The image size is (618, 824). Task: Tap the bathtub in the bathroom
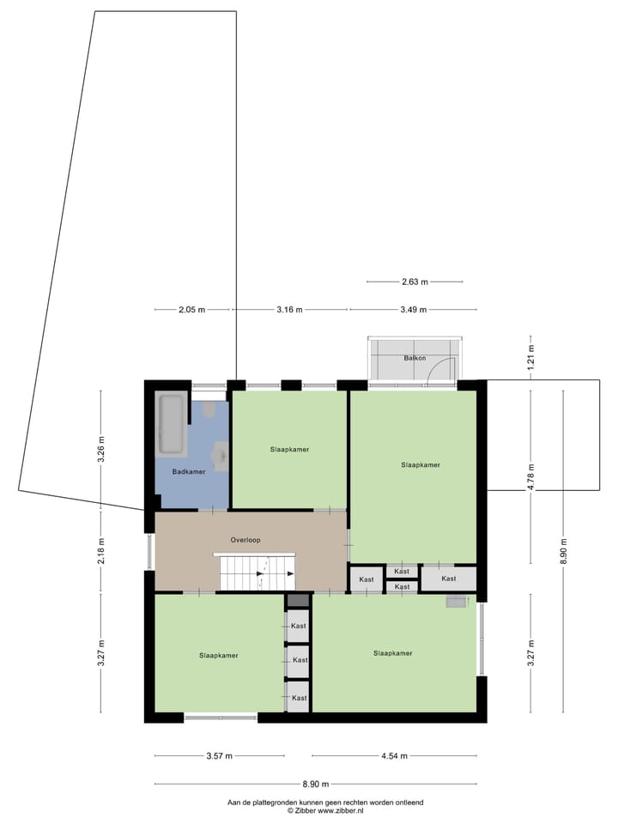pyautogui.click(x=170, y=425)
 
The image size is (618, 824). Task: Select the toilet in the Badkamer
pyautogui.click(x=209, y=410)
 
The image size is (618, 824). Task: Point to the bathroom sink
pyautogui.click(x=220, y=456)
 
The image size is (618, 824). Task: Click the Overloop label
pyautogui.click(x=245, y=540)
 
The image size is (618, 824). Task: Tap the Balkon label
pyautogui.click(x=415, y=358)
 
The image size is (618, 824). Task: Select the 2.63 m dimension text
pyautogui.click(x=415, y=282)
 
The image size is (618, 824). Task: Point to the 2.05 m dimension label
pyautogui.click(x=192, y=310)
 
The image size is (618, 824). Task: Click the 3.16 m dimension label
pyautogui.click(x=290, y=310)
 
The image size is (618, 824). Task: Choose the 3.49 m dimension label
pyautogui.click(x=414, y=310)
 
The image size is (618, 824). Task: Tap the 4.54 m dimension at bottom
pyautogui.click(x=393, y=756)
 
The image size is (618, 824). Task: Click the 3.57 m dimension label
pyautogui.click(x=220, y=756)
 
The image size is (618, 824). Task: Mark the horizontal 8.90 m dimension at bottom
pyautogui.click(x=315, y=784)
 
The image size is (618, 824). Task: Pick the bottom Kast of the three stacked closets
pyautogui.click(x=299, y=698)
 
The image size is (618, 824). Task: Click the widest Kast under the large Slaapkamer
pyautogui.click(x=449, y=579)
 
